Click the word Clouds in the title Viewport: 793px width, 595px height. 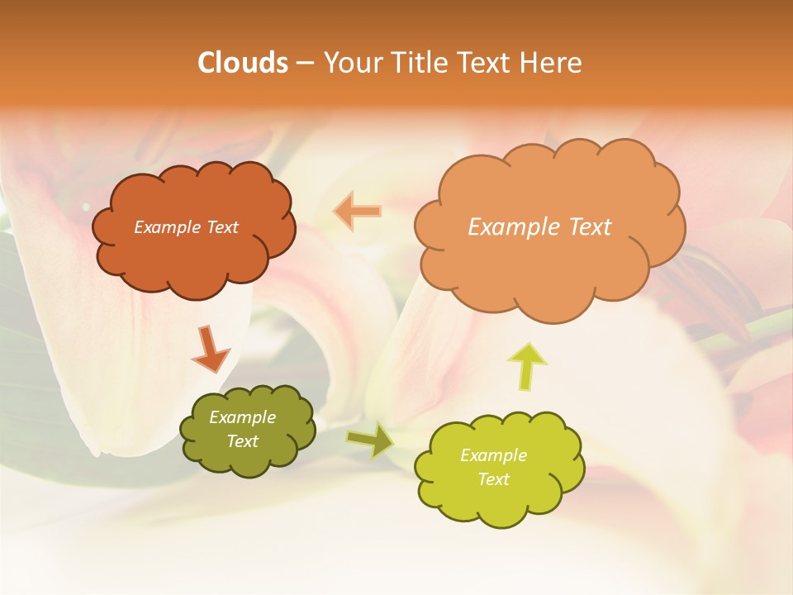(x=242, y=63)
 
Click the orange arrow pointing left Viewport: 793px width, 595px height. (x=358, y=212)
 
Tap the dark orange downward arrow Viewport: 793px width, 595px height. (x=211, y=348)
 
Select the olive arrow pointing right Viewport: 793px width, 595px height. (x=370, y=440)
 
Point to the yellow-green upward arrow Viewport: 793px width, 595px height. (x=527, y=365)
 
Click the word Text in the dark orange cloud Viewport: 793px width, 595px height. (x=222, y=227)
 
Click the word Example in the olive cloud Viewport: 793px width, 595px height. (x=243, y=417)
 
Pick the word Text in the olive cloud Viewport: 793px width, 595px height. (x=243, y=441)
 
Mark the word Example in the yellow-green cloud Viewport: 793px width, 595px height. (x=493, y=455)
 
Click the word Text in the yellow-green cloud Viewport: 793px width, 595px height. (x=493, y=479)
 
